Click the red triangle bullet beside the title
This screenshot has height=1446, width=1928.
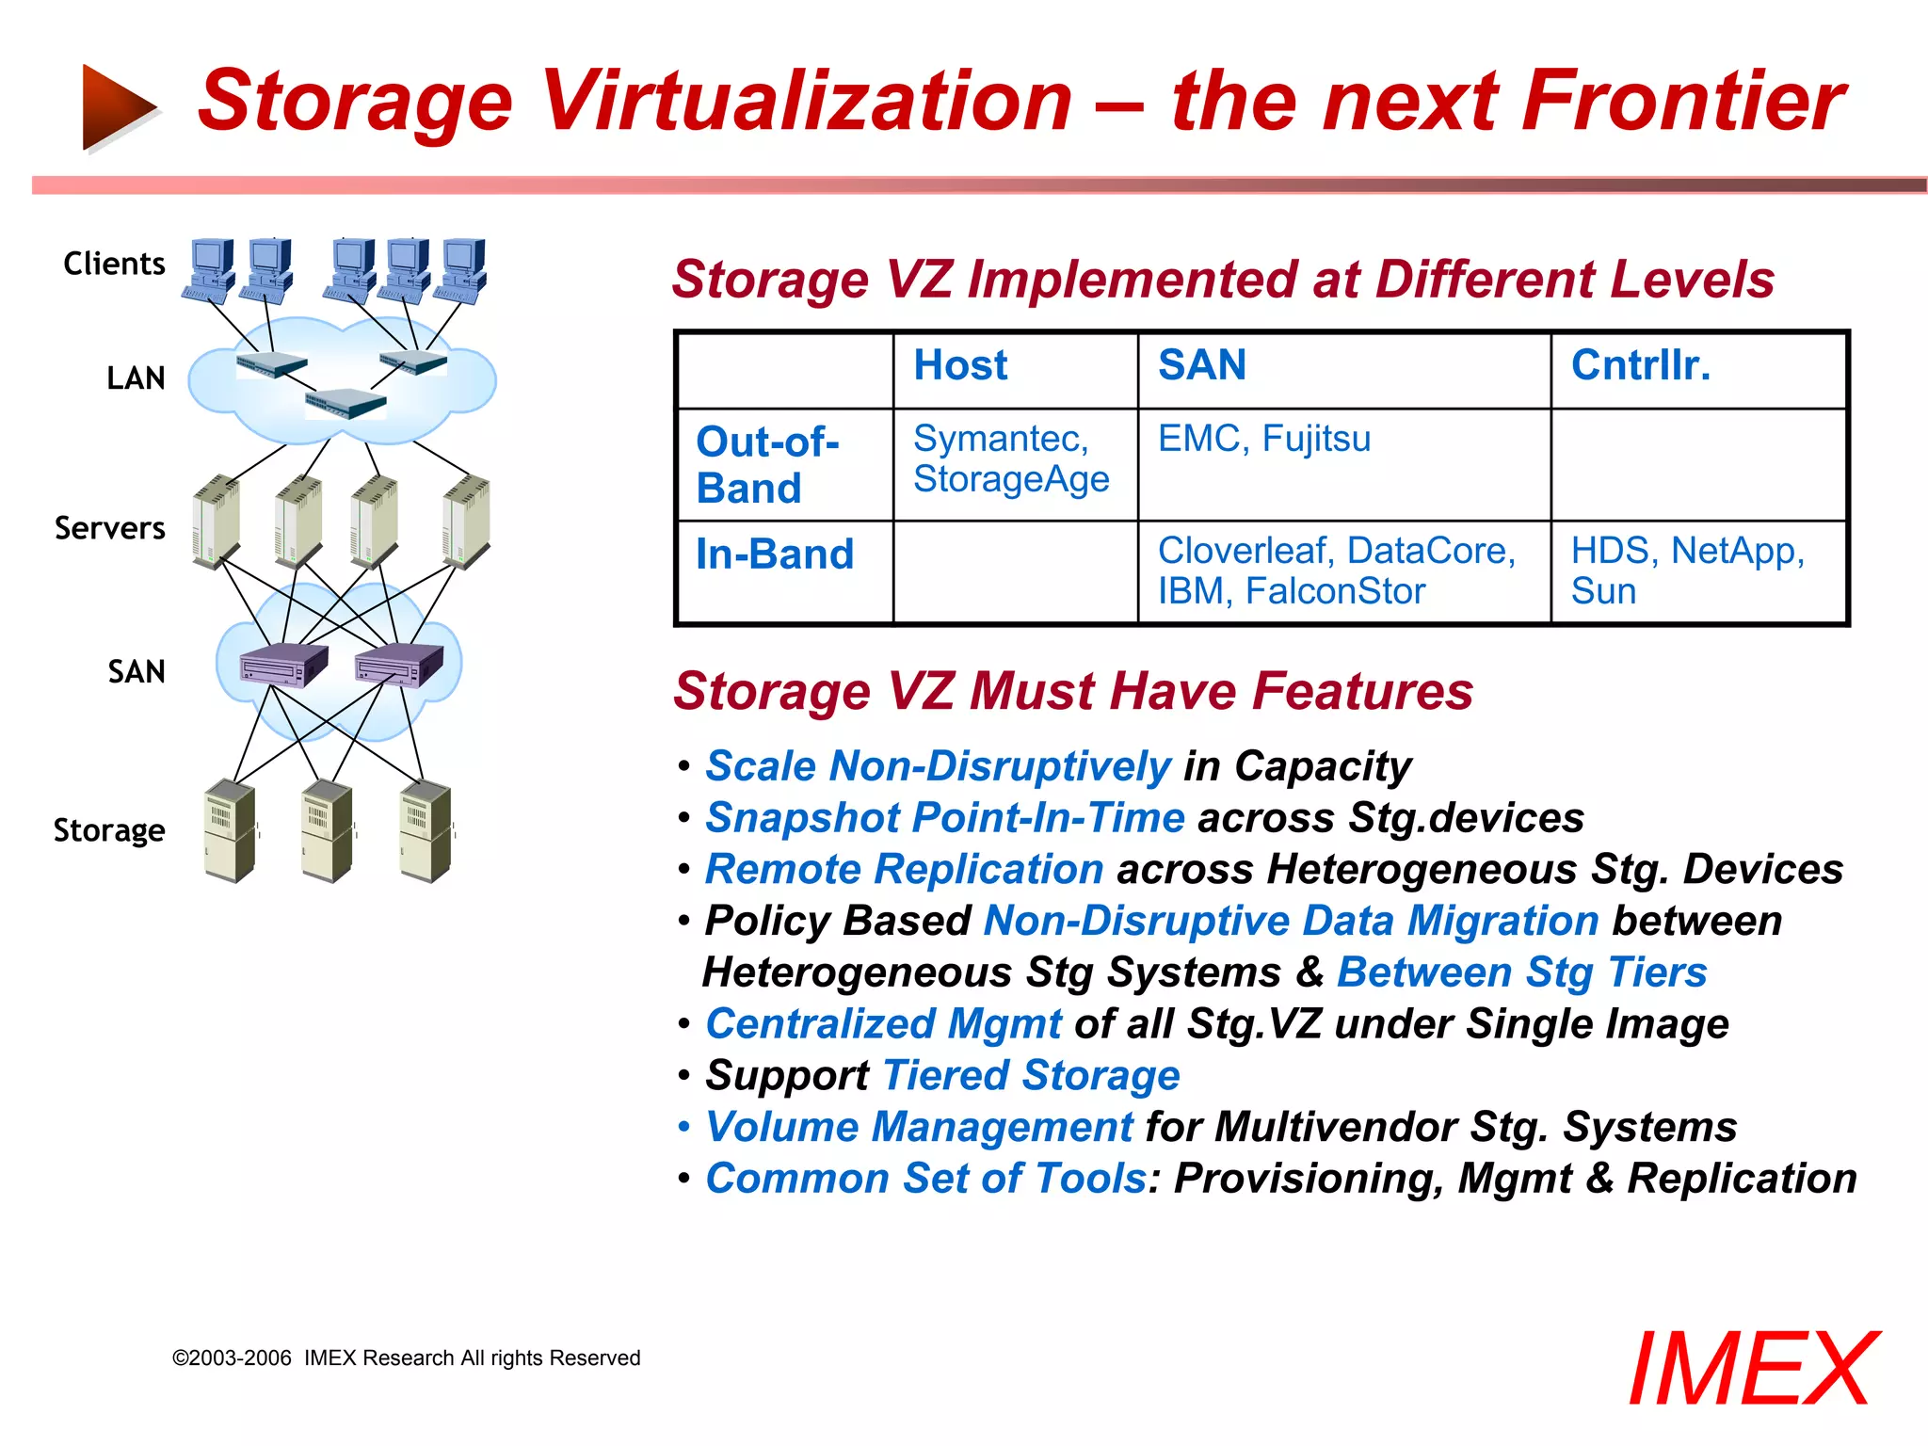pyautogui.click(x=118, y=106)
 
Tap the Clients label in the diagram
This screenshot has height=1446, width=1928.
pyautogui.click(x=114, y=264)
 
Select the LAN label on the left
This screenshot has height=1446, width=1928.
pyautogui.click(x=136, y=378)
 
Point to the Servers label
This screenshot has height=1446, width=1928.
pyautogui.click(x=109, y=528)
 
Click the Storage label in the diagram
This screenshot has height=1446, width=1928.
pyautogui.click(x=109, y=830)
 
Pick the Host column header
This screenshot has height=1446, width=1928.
pyautogui.click(x=960, y=365)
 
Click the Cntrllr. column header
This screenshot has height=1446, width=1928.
pyautogui.click(x=1640, y=365)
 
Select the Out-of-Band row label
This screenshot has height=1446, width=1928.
pyautogui.click(x=767, y=465)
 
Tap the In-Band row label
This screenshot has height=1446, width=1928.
pyautogui.click(x=774, y=554)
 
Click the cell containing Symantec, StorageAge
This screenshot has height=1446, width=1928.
pyautogui.click(x=1011, y=459)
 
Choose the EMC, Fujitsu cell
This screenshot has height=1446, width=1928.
pyautogui.click(x=1263, y=440)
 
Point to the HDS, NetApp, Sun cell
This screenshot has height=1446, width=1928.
pyautogui.click(x=1687, y=570)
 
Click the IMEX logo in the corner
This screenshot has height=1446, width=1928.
pyautogui.click(x=1752, y=1369)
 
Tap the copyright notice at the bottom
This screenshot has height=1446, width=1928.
pyautogui.click(x=406, y=1358)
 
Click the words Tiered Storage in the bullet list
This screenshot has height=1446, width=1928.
pyautogui.click(x=1031, y=1075)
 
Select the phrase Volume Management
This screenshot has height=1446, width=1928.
pyautogui.click(x=920, y=1127)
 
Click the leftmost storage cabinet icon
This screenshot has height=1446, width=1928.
pyautogui.click(x=230, y=830)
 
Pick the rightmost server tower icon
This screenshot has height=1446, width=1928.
pyautogui.click(x=467, y=522)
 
